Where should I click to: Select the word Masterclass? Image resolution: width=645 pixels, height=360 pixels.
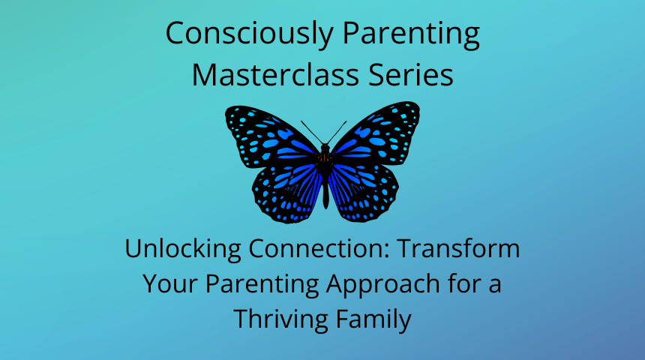(x=275, y=74)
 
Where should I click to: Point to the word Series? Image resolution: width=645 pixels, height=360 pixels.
(x=410, y=74)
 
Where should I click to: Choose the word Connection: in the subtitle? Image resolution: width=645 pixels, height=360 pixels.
(x=319, y=249)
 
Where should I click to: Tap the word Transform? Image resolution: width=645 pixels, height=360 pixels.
(x=459, y=248)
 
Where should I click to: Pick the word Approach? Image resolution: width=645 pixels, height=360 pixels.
(x=383, y=285)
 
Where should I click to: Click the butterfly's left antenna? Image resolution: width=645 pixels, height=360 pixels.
(x=312, y=133)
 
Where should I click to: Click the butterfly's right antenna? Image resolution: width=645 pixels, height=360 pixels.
(x=337, y=133)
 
